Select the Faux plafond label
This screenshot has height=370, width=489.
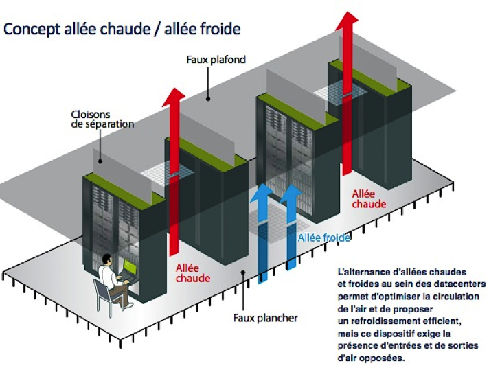coord(216,60)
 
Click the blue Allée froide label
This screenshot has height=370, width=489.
coord(323,238)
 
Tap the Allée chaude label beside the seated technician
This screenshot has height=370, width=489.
coord(193,273)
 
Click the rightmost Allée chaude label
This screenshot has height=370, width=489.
coord(368,199)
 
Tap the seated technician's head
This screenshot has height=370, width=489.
coord(108,259)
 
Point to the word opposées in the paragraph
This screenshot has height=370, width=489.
coord(391,358)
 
